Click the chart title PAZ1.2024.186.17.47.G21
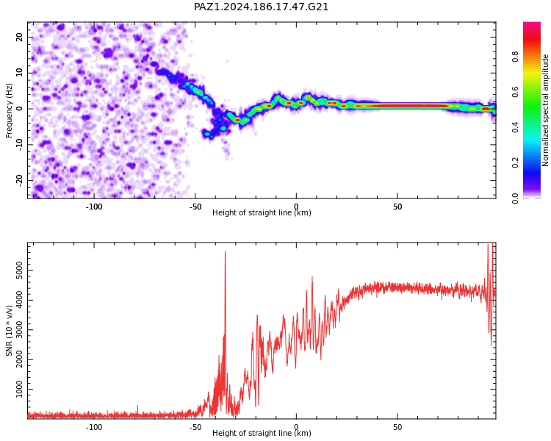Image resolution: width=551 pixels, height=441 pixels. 261,7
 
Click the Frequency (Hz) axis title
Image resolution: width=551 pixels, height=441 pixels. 9,110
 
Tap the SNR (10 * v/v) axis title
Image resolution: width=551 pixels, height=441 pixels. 9,331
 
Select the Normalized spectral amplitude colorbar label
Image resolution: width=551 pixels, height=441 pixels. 545,110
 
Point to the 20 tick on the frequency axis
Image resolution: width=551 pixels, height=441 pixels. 19,37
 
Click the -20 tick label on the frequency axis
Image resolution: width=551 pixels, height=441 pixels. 19,180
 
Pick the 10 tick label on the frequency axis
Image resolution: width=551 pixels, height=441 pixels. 19,73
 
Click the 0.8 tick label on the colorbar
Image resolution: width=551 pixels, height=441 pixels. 515,57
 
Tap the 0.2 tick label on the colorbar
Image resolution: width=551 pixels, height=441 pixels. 515,162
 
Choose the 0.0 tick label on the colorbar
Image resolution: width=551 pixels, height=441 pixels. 515,198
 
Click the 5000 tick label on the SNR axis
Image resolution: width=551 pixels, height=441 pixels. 19,270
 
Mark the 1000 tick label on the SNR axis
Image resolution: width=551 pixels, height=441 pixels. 19,389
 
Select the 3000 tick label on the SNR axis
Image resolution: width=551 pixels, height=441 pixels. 19,329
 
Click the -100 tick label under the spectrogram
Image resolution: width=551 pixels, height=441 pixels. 94,207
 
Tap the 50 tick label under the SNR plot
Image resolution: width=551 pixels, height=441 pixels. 397,427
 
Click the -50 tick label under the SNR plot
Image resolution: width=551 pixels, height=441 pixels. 195,427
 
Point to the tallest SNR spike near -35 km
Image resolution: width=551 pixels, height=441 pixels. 226,252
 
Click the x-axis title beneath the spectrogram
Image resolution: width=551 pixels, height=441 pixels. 262,212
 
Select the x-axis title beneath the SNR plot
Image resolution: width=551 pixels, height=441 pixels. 262,433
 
